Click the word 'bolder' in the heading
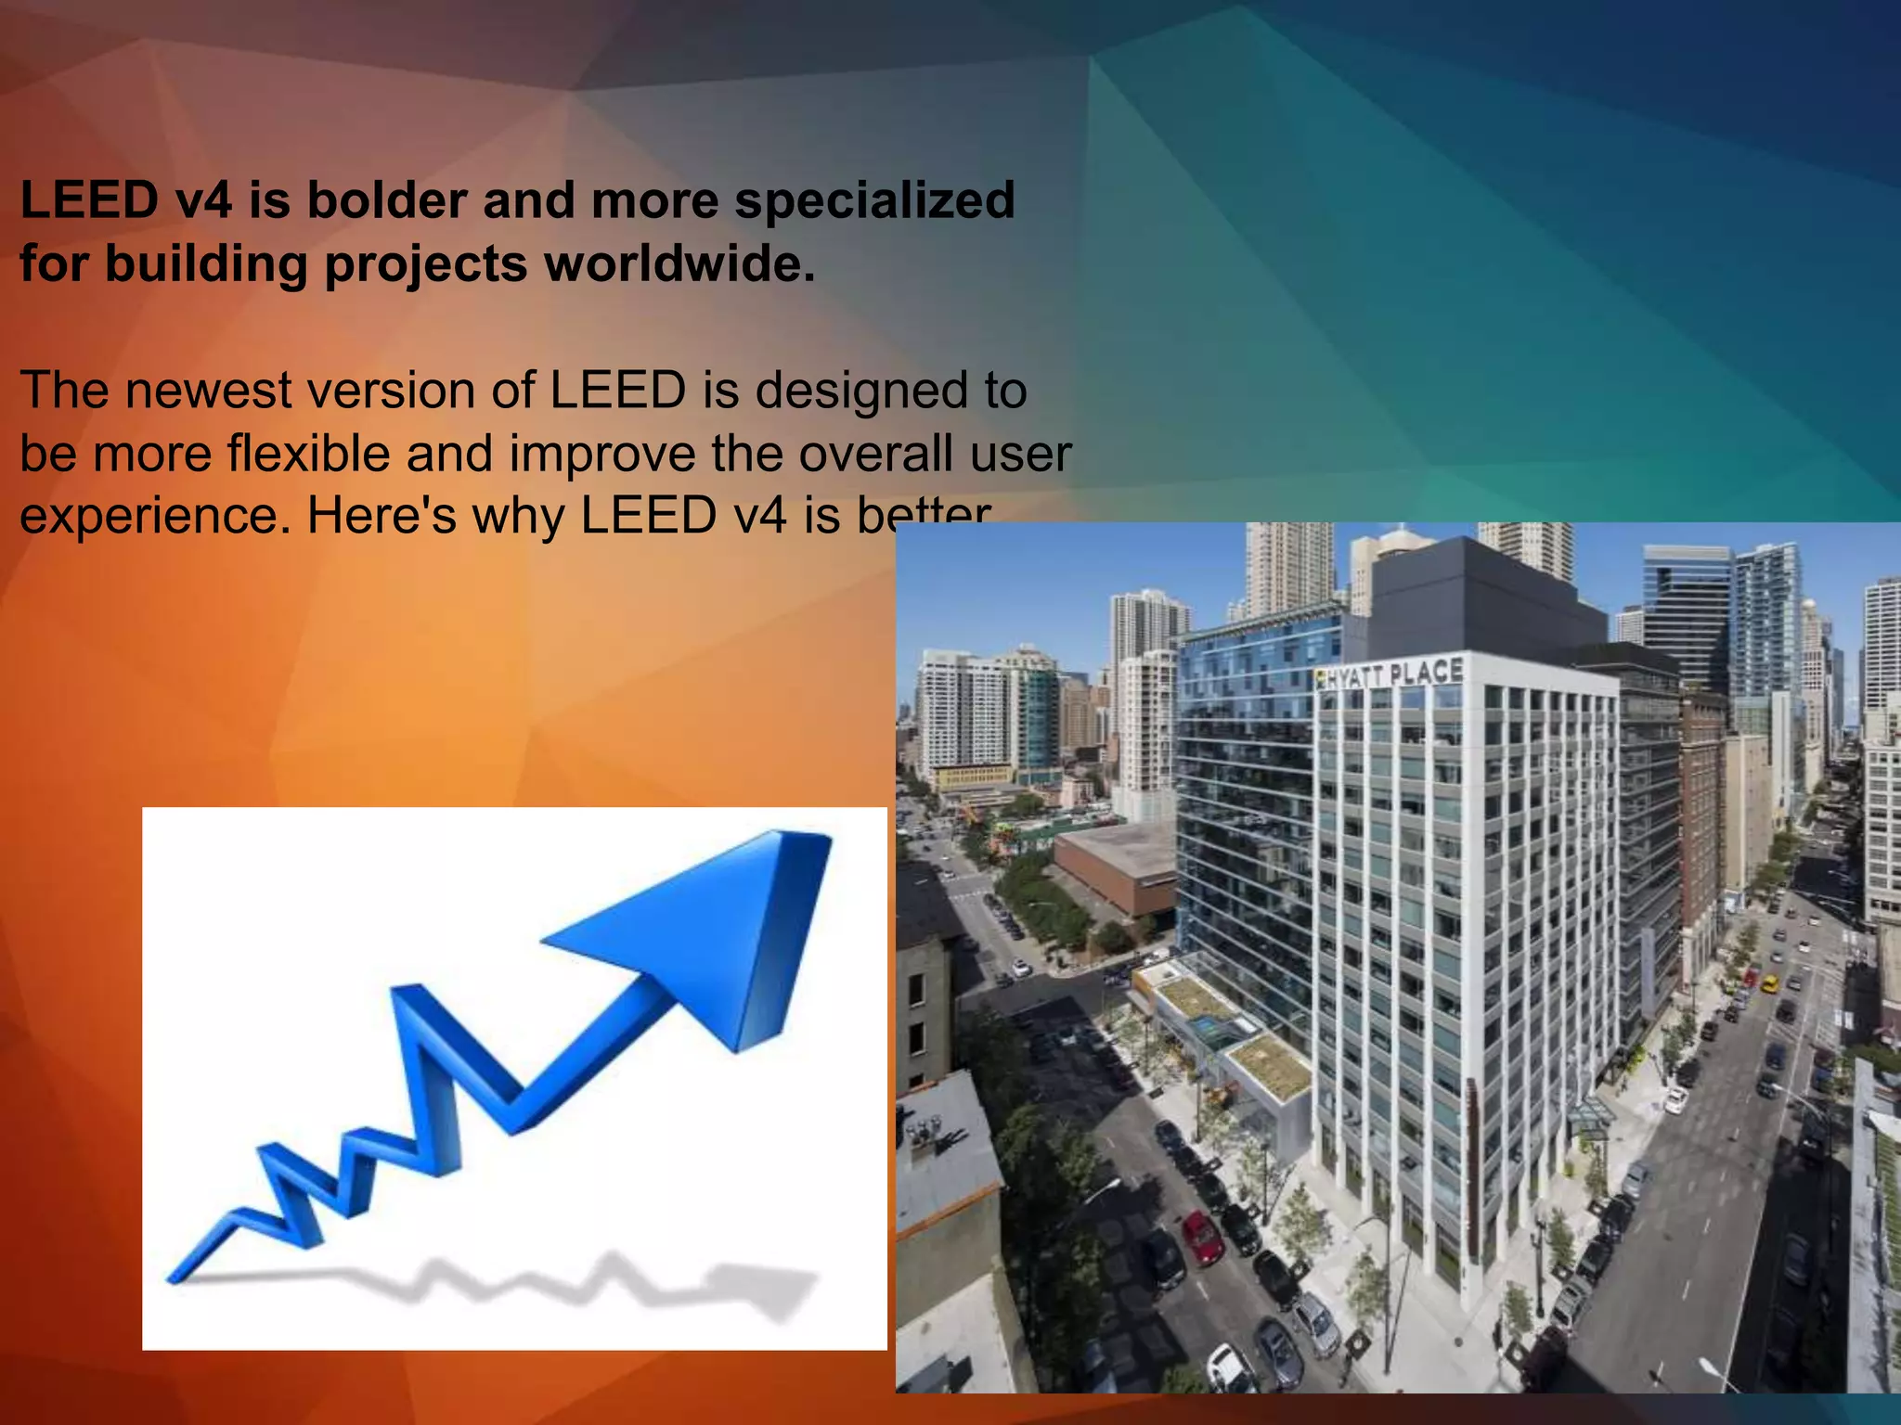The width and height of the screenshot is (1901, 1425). click(x=386, y=200)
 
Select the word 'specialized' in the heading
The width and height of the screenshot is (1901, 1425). click(x=874, y=200)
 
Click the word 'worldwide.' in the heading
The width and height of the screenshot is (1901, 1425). click(x=679, y=263)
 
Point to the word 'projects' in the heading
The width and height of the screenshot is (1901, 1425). click(x=426, y=265)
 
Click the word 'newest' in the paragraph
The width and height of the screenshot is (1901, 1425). click(x=208, y=391)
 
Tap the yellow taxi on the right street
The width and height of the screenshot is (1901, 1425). click(x=1771, y=983)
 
